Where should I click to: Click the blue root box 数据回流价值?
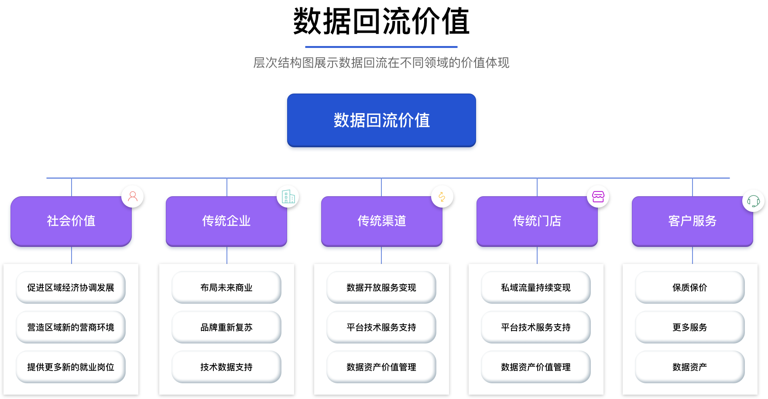(381, 120)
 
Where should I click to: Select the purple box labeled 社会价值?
(71, 221)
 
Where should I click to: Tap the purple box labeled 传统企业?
(226, 221)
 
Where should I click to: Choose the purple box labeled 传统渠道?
(381, 221)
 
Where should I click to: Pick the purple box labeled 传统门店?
(537, 221)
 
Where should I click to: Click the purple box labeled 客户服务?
(692, 221)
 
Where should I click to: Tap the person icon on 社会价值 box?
(133, 196)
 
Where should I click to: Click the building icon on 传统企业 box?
(288, 197)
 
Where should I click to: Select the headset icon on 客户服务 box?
(753, 201)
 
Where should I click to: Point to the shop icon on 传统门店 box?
(598, 197)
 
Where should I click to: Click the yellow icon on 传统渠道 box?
(442, 197)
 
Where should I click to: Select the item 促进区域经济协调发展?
(71, 288)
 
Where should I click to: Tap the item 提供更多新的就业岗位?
(71, 367)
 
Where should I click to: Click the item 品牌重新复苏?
(226, 327)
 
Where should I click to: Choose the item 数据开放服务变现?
(381, 288)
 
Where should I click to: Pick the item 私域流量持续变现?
(536, 288)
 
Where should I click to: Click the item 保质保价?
(690, 288)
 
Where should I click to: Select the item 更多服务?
(690, 327)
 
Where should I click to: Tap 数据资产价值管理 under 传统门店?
(536, 367)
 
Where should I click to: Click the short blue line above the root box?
(381, 47)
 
